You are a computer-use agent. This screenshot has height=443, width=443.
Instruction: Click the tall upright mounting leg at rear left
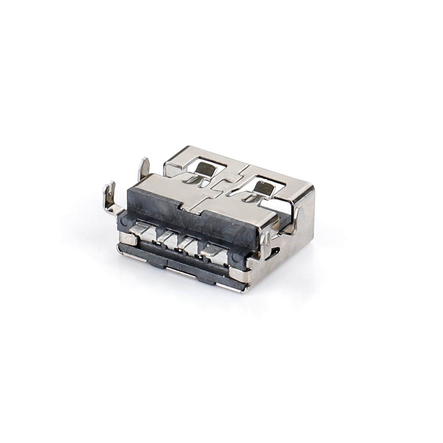coord(144,169)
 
